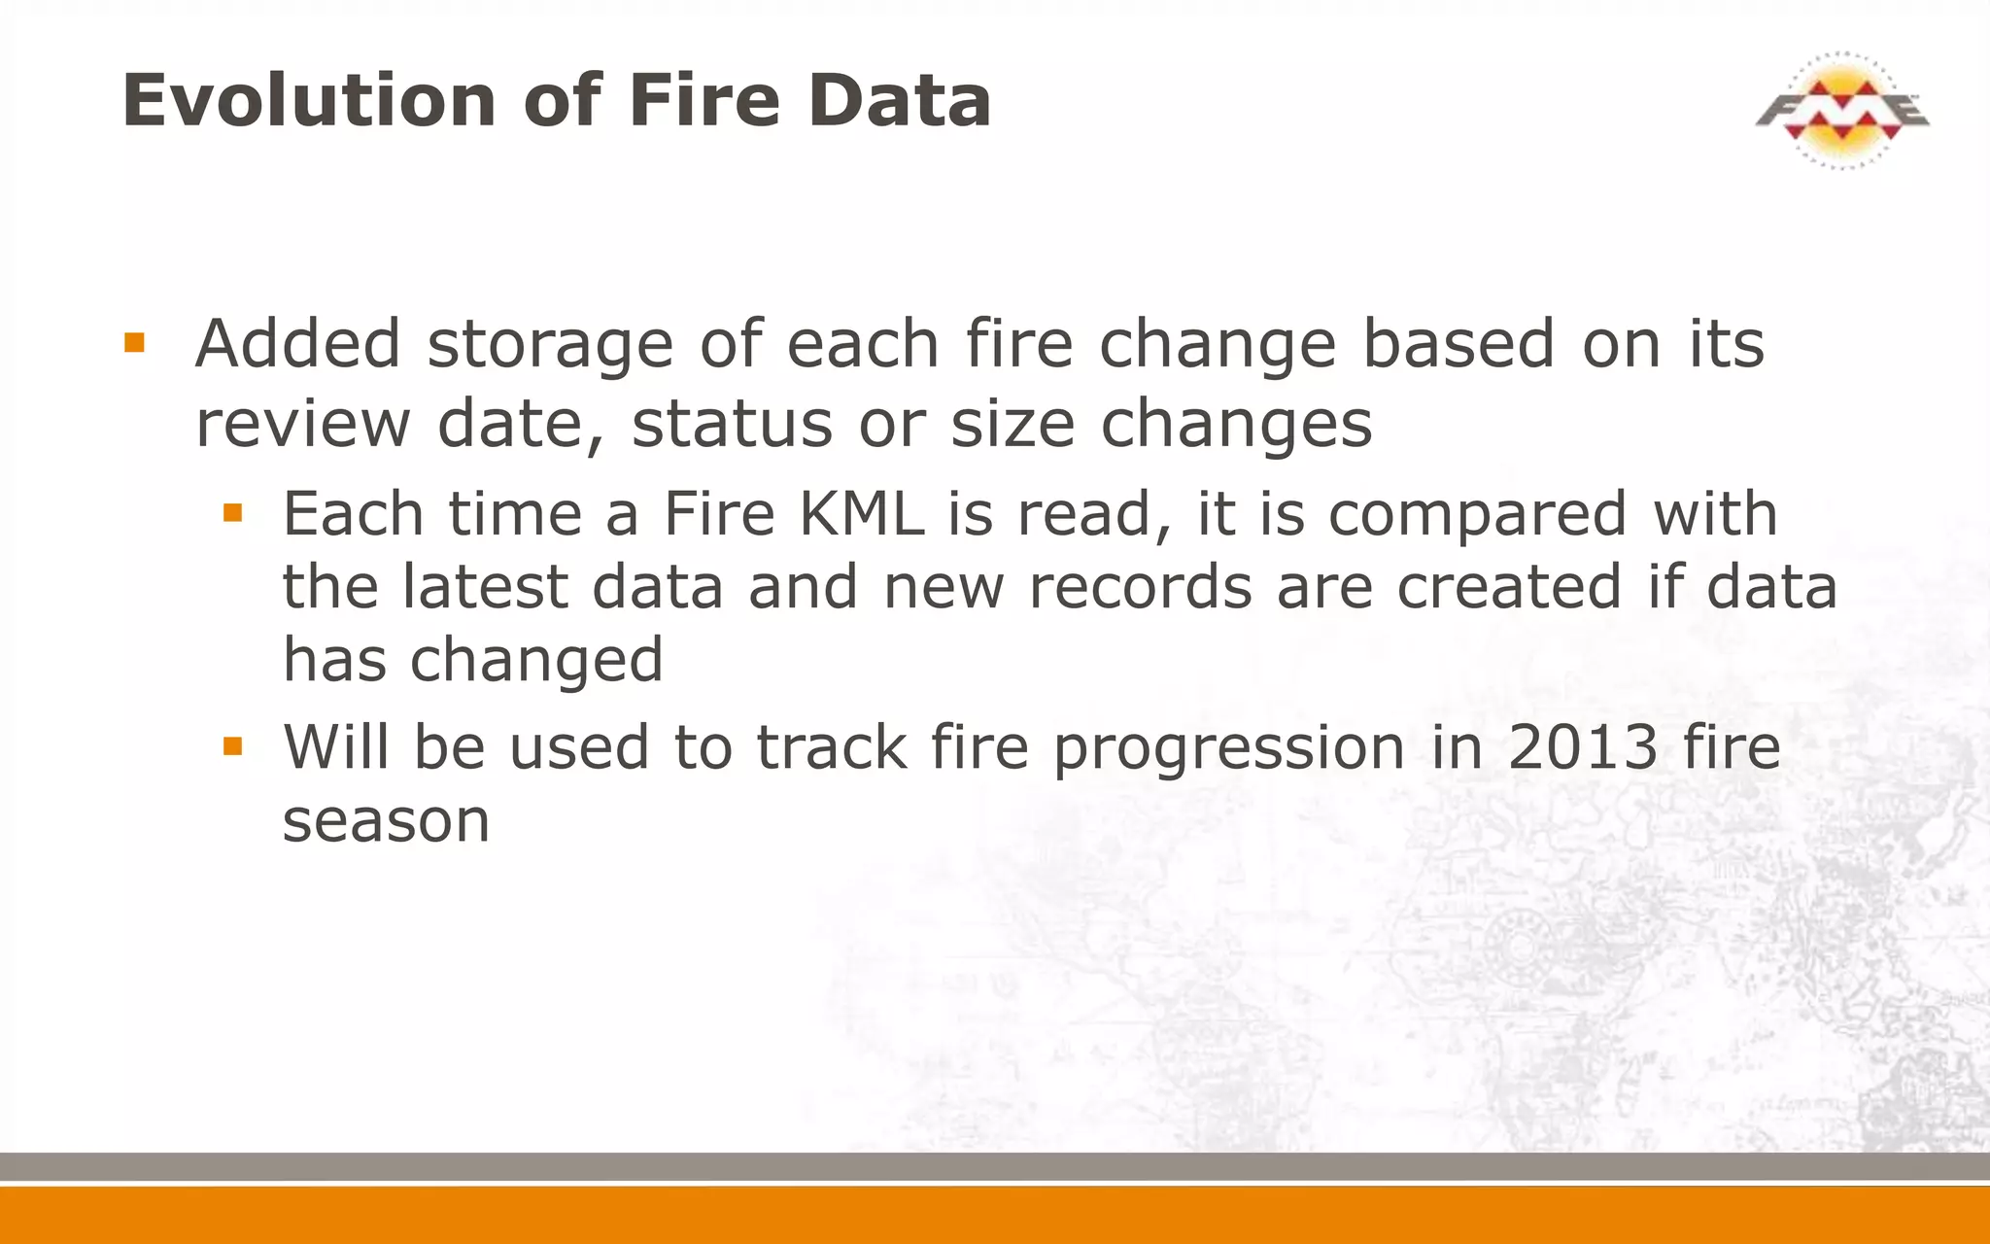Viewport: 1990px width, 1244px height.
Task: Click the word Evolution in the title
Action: pyautogui.click(x=310, y=100)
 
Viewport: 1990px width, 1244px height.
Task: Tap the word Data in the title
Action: pyautogui.click(x=900, y=100)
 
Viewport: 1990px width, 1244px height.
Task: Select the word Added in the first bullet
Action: pyautogui.click(x=298, y=344)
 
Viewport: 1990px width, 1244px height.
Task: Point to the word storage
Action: pyautogui.click(x=550, y=346)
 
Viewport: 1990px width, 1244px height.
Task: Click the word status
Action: pyautogui.click(x=732, y=424)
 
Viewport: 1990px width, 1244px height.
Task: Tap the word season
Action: pyautogui.click(x=386, y=821)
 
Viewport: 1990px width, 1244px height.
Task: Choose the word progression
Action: pyautogui.click(x=1229, y=748)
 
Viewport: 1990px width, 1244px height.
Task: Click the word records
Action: pyautogui.click(x=1141, y=587)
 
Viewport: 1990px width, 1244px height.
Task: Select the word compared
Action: pyautogui.click(x=1477, y=515)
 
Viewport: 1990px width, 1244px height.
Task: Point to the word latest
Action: pyautogui.click(x=485, y=587)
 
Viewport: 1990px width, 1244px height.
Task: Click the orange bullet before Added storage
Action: pyautogui.click(x=134, y=342)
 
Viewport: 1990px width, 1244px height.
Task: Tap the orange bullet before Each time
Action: pyautogui.click(x=232, y=512)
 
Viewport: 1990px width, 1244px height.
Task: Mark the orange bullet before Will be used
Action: pyautogui.click(x=232, y=745)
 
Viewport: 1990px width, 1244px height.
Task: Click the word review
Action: pyautogui.click(x=303, y=426)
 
